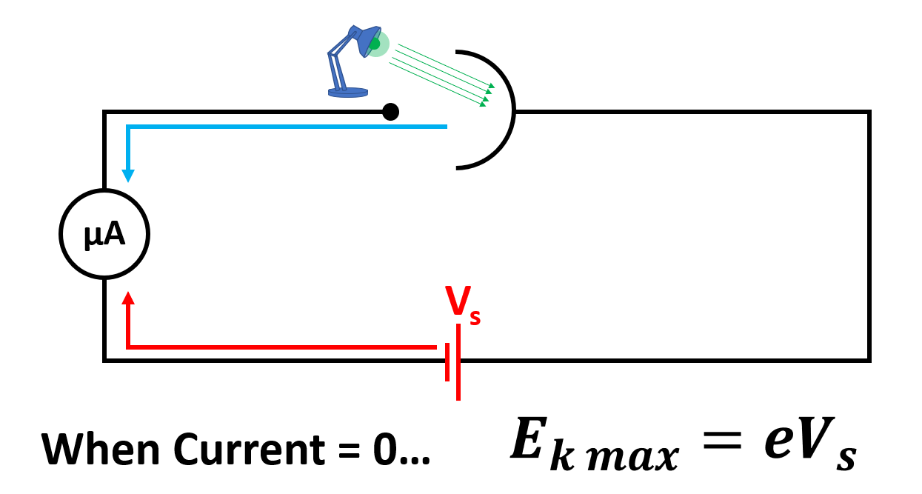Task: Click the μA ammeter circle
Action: coord(104,234)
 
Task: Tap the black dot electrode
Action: coord(390,112)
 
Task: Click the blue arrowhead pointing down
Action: coord(128,176)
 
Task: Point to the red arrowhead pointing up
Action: coord(128,298)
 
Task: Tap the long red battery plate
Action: coord(458,362)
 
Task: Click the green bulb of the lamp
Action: coord(375,44)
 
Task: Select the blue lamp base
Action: coord(348,92)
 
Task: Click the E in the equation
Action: coord(529,444)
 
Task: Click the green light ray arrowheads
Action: coord(489,96)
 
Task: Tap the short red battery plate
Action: coord(447,363)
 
